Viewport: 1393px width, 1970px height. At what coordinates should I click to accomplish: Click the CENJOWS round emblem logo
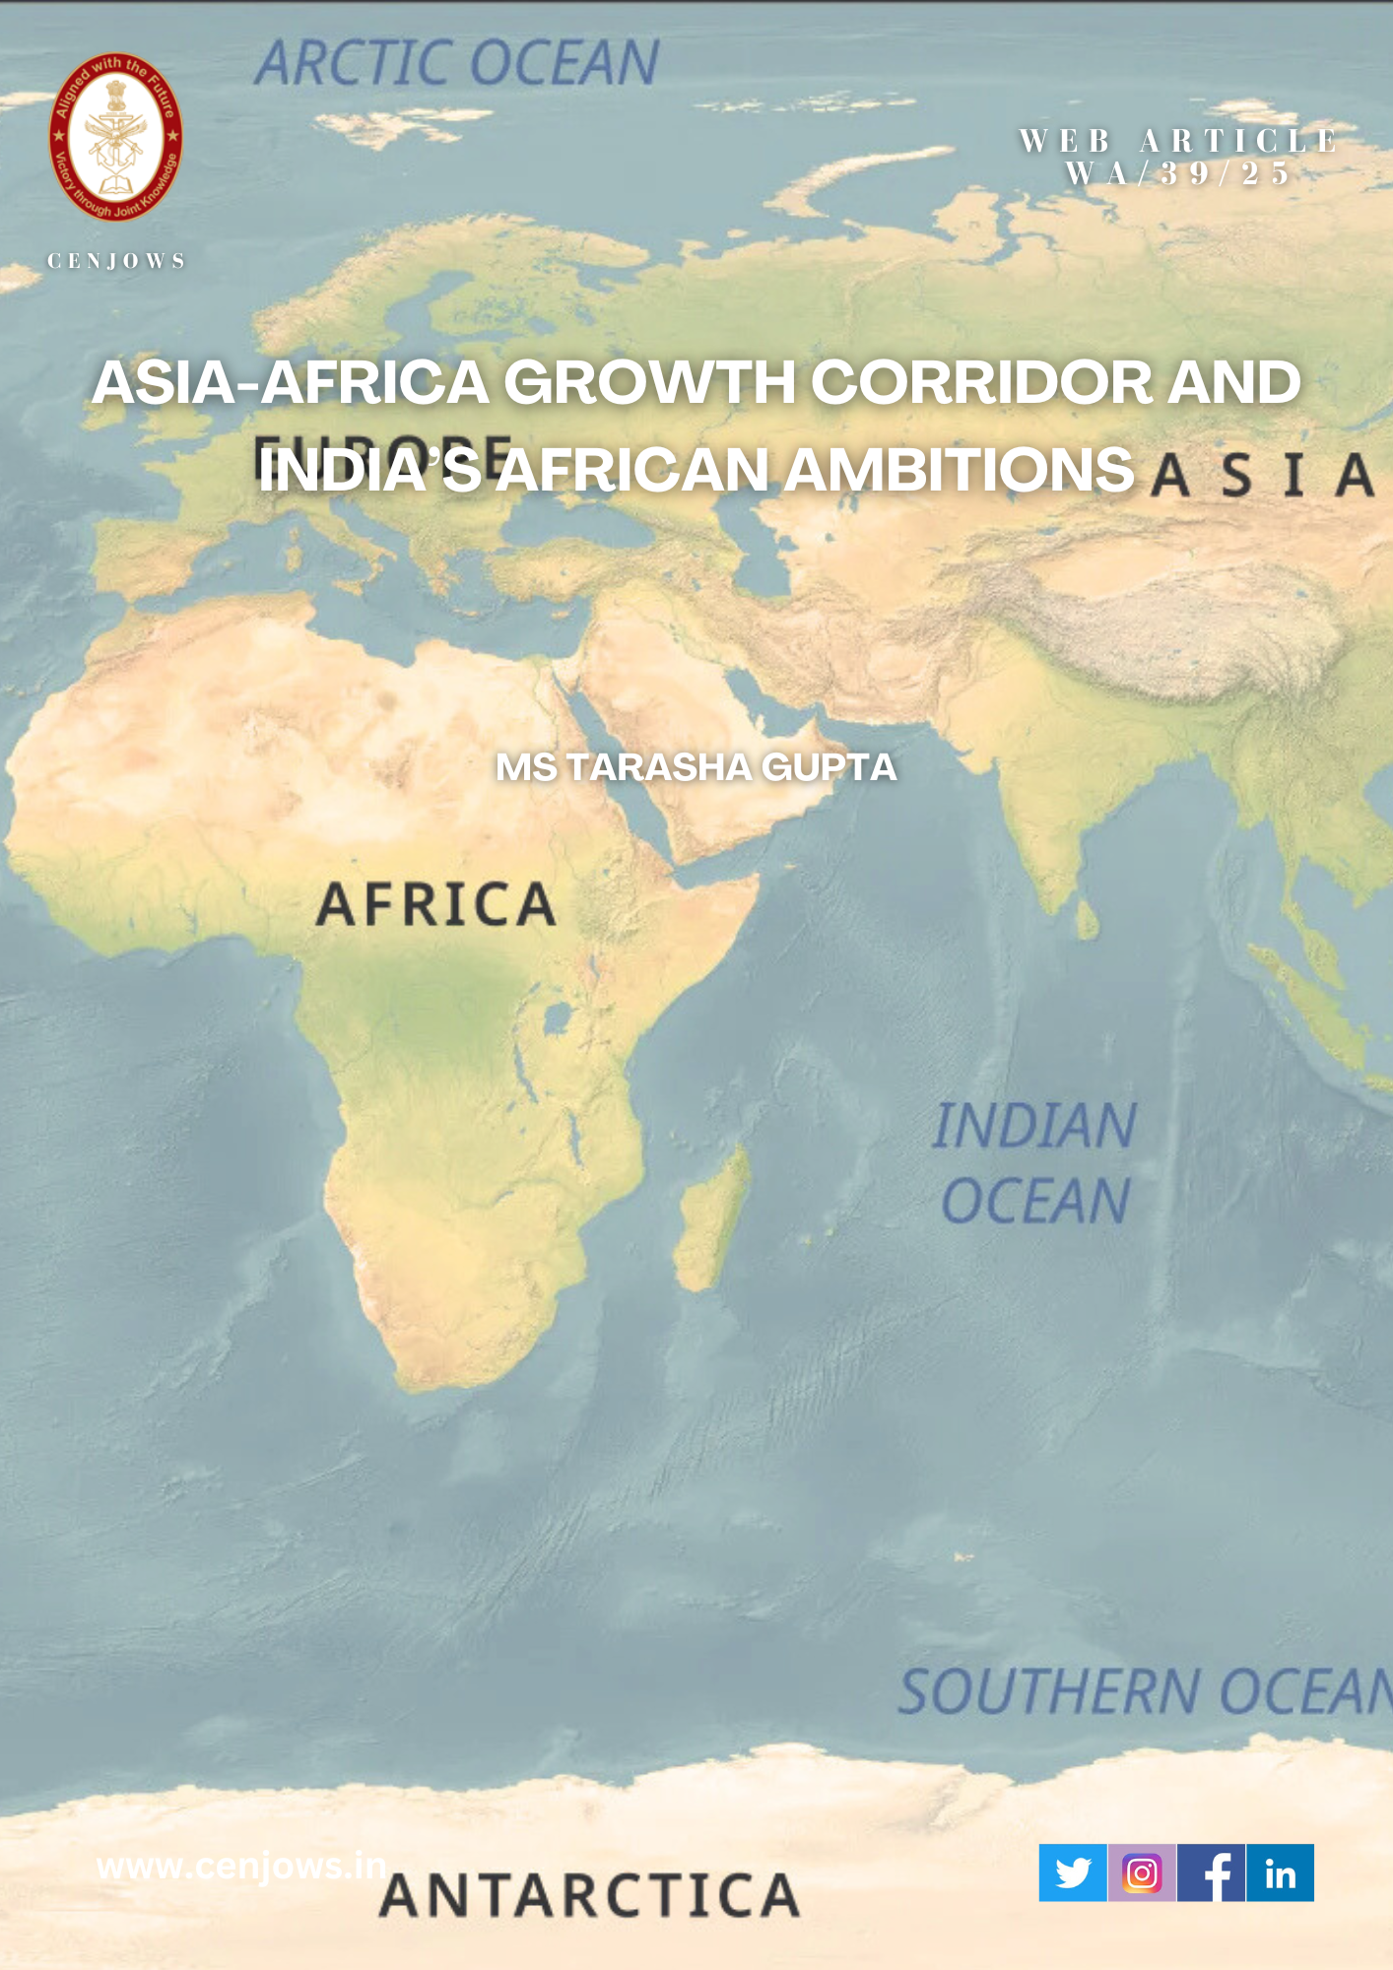pyautogui.click(x=116, y=137)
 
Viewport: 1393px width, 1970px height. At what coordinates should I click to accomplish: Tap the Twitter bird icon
pyautogui.click(x=1073, y=1872)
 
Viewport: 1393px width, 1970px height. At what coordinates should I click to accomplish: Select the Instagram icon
pyautogui.click(x=1142, y=1872)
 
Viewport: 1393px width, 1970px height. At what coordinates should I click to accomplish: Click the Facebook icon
pyautogui.click(x=1212, y=1872)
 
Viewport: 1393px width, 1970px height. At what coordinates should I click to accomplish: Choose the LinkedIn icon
pyautogui.click(x=1280, y=1872)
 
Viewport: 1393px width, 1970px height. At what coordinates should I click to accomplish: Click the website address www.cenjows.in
pyautogui.click(x=241, y=1866)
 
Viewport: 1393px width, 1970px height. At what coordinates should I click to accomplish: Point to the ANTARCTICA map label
pyautogui.click(x=589, y=1895)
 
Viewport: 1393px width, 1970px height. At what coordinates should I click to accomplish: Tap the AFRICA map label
pyautogui.click(x=436, y=904)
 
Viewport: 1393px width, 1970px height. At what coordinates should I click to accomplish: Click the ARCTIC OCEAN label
pyautogui.click(x=457, y=64)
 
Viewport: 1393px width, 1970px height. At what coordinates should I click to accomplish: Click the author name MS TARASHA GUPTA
pyautogui.click(x=696, y=767)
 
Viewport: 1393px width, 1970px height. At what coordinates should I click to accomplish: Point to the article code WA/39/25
pyautogui.click(x=1178, y=174)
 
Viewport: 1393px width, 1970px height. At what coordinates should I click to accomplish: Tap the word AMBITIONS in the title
pyautogui.click(x=961, y=470)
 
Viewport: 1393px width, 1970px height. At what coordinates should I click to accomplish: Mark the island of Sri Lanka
pyautogui.click(x=1086, y=920)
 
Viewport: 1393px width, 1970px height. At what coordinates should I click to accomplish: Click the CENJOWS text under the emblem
pyautogui.click(x=116, y=261)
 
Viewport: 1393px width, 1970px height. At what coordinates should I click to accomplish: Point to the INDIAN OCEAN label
pyautogui.click(x=1034, y=1163)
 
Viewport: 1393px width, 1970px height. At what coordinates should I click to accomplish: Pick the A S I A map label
pyautogui.click(x=1262, y=475)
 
